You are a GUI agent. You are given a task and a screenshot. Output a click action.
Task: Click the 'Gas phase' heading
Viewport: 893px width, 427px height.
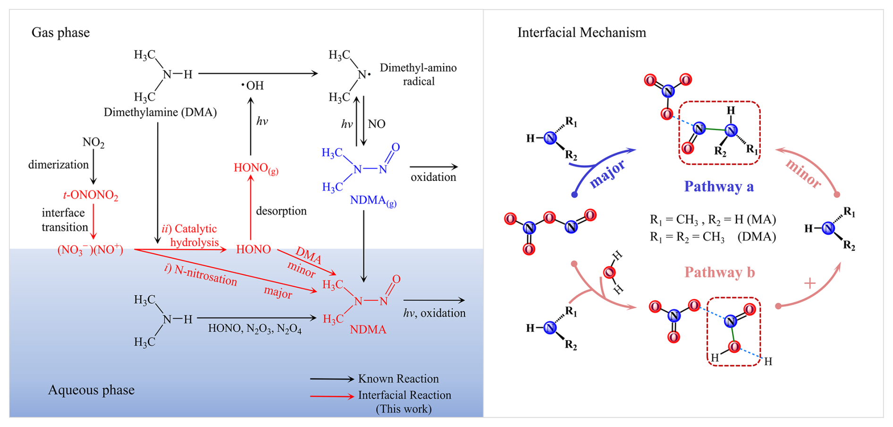coord(60,33)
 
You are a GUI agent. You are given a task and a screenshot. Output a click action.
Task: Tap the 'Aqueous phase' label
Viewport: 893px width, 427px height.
coord(91,390)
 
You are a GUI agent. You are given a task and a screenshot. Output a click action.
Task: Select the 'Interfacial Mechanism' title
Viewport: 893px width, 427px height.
coord(581,33)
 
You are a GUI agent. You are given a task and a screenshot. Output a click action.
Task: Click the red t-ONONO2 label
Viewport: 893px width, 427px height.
coord(90,196)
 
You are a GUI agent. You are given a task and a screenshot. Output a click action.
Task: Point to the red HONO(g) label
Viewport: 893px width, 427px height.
coord(256,169)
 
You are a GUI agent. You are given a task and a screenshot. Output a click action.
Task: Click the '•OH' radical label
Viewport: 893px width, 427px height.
coord(253,85)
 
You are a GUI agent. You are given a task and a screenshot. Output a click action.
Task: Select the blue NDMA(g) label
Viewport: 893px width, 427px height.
coord(373,201)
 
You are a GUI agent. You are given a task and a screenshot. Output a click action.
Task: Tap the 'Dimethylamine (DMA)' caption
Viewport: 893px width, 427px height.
coord(160,112)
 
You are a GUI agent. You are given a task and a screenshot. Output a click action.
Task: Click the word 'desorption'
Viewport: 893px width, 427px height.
coord(281,211)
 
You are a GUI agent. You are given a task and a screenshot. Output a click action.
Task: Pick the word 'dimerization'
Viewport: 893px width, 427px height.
coord(59,164)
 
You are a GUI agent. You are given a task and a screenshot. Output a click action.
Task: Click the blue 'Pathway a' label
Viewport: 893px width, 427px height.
coord(719,187)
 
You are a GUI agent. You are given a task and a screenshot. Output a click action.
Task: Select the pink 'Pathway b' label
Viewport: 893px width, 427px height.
coord(720,273)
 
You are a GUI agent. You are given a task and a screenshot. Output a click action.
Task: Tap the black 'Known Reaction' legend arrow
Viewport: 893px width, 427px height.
coord(332,379)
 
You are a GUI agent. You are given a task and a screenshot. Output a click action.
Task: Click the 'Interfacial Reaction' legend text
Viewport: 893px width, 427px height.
coord(404,395)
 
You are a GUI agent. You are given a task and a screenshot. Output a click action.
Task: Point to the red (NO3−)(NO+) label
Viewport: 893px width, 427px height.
coord(90,250)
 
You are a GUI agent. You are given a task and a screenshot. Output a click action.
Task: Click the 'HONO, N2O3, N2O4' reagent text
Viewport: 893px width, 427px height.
coord(255,329)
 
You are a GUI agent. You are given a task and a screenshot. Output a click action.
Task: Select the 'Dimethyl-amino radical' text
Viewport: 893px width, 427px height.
coord(418,75)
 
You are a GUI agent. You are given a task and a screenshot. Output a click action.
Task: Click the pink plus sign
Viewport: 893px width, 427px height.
coord(809,283)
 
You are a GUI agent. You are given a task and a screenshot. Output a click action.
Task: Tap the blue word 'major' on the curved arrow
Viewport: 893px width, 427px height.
coord(607,173)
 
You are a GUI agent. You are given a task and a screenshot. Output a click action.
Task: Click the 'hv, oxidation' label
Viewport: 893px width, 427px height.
coord(434,313)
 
